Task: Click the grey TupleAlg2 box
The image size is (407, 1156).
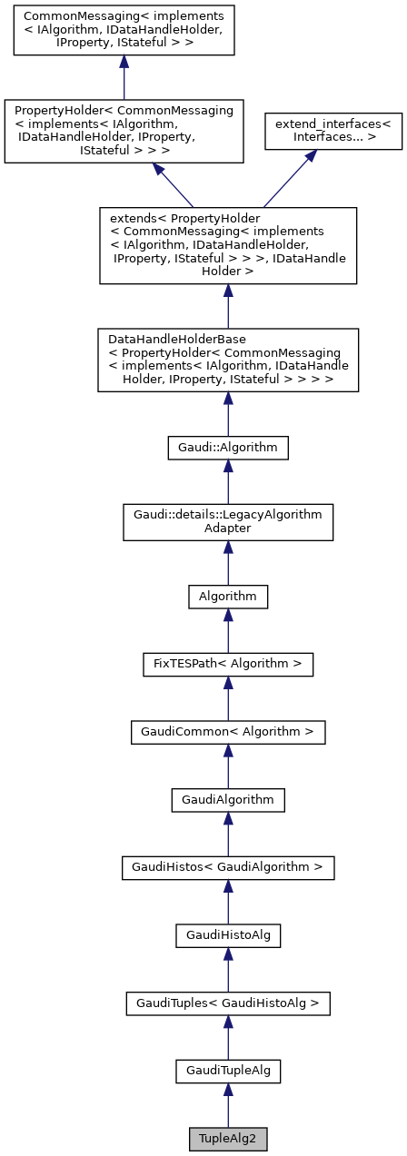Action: [x=228, y=1138]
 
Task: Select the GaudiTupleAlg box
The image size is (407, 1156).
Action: [x=228, y=1072]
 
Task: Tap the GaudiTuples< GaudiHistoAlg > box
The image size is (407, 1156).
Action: [x=228, y=1003]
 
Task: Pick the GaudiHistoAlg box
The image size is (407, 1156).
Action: [x=228, y=935]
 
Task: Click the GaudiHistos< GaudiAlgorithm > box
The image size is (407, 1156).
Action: [x=228, y=867]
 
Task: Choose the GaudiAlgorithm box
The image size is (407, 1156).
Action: [x=228, y=799]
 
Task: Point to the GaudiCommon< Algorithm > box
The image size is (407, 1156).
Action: [x=228, y=731]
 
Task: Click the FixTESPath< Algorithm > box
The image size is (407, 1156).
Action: [x=228, y=664]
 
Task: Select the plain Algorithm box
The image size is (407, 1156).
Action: [x=228, y=597]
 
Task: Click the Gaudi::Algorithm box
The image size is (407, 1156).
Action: [x=228, y=447]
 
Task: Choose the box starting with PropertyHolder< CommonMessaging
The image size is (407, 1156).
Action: [x=124, y=131]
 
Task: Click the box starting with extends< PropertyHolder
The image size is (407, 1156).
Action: [x=228, y=245]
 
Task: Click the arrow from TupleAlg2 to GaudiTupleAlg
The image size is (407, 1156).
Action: [x=228, y=1106]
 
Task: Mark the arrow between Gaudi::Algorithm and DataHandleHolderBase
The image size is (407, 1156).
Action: [x=228, y=416]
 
